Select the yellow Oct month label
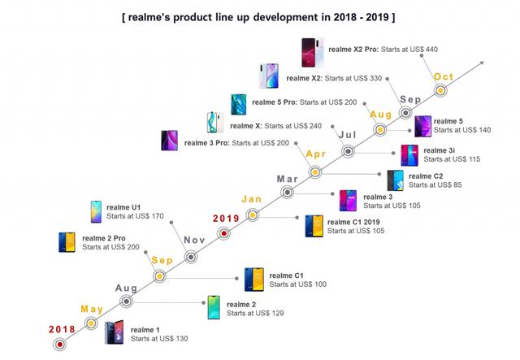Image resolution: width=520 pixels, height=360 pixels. (444, 77)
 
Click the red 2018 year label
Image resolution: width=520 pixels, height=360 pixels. (61, 328)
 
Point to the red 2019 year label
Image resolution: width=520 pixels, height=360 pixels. (226, 218)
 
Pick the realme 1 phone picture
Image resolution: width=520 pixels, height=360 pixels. (114, 333)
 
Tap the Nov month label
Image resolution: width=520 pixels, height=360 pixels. (194, 240)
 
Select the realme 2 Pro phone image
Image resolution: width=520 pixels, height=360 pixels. (67, 242)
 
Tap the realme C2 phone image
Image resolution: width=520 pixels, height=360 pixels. (395, 180)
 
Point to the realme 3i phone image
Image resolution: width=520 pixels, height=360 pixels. (410, 154)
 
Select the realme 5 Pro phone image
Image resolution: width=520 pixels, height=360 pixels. (239, 103)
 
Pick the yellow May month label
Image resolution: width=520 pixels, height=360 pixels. (91, 309)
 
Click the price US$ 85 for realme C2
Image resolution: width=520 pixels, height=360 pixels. (453, 185)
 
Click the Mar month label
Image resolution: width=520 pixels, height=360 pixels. (287, 179)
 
